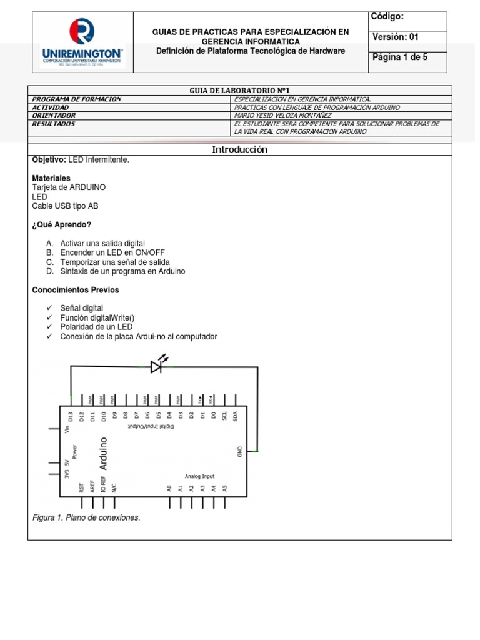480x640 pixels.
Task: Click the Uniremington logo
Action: point(82,42)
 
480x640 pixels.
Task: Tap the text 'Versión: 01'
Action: point(396,37)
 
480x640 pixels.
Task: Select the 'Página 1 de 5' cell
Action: point(400,57)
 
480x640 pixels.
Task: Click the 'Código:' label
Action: point(387,17)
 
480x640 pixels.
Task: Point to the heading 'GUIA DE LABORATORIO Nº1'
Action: point(239,91)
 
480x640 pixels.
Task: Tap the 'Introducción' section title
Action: point(239,149)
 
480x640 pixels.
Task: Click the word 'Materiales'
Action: point(51,178)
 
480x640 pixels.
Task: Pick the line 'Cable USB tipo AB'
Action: point(65,206)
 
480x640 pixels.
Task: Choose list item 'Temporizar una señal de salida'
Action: point(115,262)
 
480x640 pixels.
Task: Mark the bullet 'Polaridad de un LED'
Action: point(96,327)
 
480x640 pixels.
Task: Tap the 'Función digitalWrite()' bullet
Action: point(97,318)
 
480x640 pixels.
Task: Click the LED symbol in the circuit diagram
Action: point(157,366)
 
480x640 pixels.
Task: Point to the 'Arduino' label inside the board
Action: point(104,454)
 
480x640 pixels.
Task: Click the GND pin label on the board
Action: point(241,451)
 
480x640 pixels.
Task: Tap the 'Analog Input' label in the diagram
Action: point(199,476)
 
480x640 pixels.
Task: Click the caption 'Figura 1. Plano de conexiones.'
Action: point(86,517)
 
